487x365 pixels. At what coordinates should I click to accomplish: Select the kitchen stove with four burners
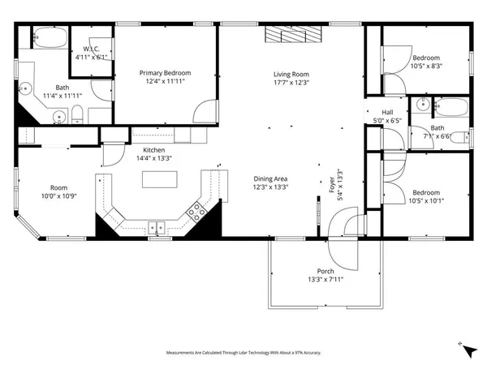click(x=196, y=213)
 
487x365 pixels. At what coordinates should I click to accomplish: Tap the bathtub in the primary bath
click(x=50, y=37)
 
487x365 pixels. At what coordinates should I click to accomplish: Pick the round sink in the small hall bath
click(x=420, y=105)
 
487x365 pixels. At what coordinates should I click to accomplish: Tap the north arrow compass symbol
click(x=463, y=346)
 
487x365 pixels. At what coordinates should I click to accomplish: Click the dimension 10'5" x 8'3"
click(x=425, y=67)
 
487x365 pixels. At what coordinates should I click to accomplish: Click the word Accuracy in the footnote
click(x=312, y=353)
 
